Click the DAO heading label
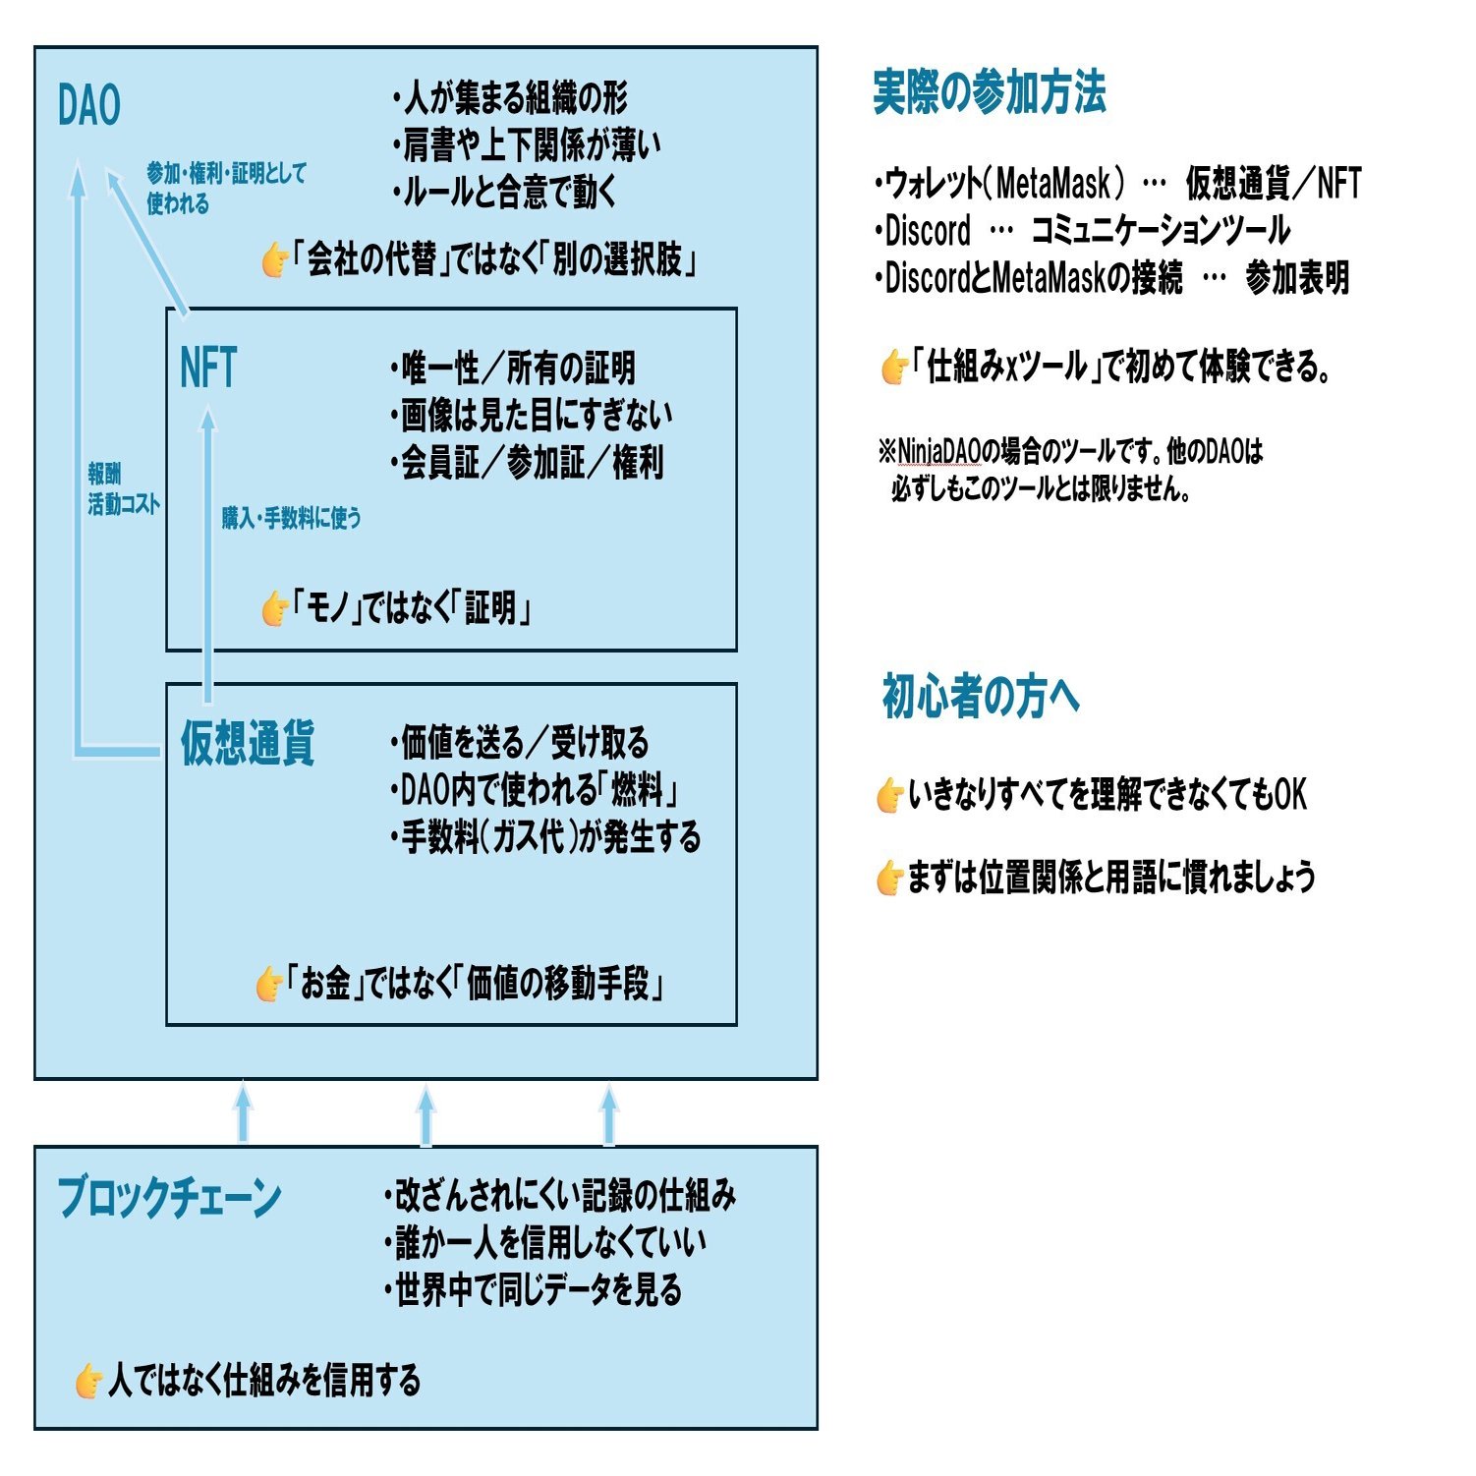(88, 106)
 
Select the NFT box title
(208, 369)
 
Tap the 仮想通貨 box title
(248, 743)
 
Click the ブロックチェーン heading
(169, 1198)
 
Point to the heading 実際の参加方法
(989, 93)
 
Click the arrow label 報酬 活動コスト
(123, 489)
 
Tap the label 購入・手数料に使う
(291, 518)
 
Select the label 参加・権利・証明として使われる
(225, 188)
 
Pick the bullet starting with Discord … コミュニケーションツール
(1082, 231)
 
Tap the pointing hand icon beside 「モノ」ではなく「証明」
(274, 609)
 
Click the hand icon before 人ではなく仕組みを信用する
(88, 1381)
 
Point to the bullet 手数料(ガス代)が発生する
(546, 838)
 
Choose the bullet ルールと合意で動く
(505, 193)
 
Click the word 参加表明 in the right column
(1297, 279)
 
